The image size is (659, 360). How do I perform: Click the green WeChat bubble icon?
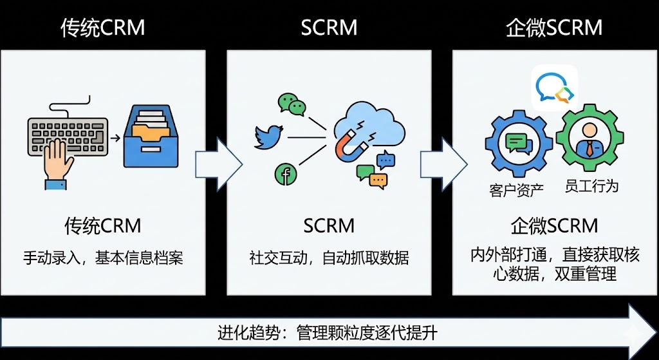click(x=292, y=104)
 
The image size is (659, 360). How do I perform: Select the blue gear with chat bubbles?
click(x=518, y=144)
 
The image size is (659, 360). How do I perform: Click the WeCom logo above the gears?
click(x=554, y=88)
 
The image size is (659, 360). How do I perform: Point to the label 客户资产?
click(x=517, y=190)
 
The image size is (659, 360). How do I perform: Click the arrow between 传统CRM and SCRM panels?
click(x=218, y=164)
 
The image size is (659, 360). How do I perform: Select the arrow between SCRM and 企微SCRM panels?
click(x=443, y=164)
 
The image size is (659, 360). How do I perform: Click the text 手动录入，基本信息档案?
click(x=103, y=259)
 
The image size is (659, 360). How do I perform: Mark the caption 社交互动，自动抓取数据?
click(x=329, y=259)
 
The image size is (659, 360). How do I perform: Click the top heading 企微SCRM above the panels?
click(x=554, y=28)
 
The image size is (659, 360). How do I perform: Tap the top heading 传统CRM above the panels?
click(x=103, y=28)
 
